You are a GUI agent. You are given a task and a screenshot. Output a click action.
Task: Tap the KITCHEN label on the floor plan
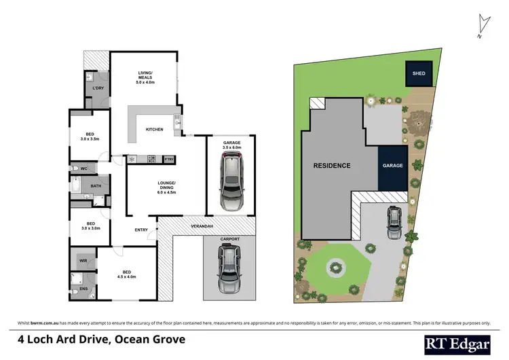154,129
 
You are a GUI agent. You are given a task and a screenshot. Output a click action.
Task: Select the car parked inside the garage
232,182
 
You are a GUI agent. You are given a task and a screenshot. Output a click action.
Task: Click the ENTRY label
141,230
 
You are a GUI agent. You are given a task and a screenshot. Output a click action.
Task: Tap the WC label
84,168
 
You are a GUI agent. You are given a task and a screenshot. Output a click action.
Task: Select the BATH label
88,185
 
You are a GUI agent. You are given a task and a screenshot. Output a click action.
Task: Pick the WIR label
83,259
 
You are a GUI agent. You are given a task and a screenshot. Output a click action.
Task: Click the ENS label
83,289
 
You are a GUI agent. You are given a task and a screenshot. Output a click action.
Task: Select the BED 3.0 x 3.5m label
90,136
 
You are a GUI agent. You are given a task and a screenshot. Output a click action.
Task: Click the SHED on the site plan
419,74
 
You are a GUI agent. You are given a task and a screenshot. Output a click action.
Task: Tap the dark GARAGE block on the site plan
394,166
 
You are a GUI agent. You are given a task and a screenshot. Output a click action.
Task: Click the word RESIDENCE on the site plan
332,166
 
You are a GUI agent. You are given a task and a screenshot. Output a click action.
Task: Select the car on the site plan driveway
394,223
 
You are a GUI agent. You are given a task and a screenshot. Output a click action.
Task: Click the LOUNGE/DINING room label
167,186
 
